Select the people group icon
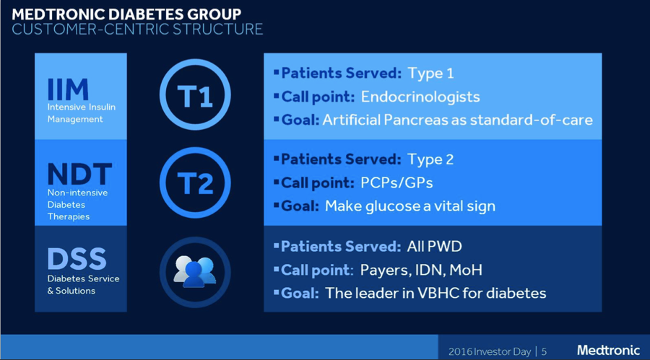click(x=195, y=271)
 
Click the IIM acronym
click(x=68, y=89)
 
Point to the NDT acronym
click(x=79, y=174)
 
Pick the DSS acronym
click(x=77, y=259)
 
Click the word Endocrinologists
click(x=420, y=97)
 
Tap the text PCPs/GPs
click(x=396, y=183)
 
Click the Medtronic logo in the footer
click(x=609, y=351)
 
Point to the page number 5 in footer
click(x=544, y=352)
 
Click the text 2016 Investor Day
click(x=490, y=352)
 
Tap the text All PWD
click(x=435, y=247)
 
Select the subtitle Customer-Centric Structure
click(x=137, y=30)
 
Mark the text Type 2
click(x=430, y=159)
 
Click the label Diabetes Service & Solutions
click(x=83, y=284)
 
